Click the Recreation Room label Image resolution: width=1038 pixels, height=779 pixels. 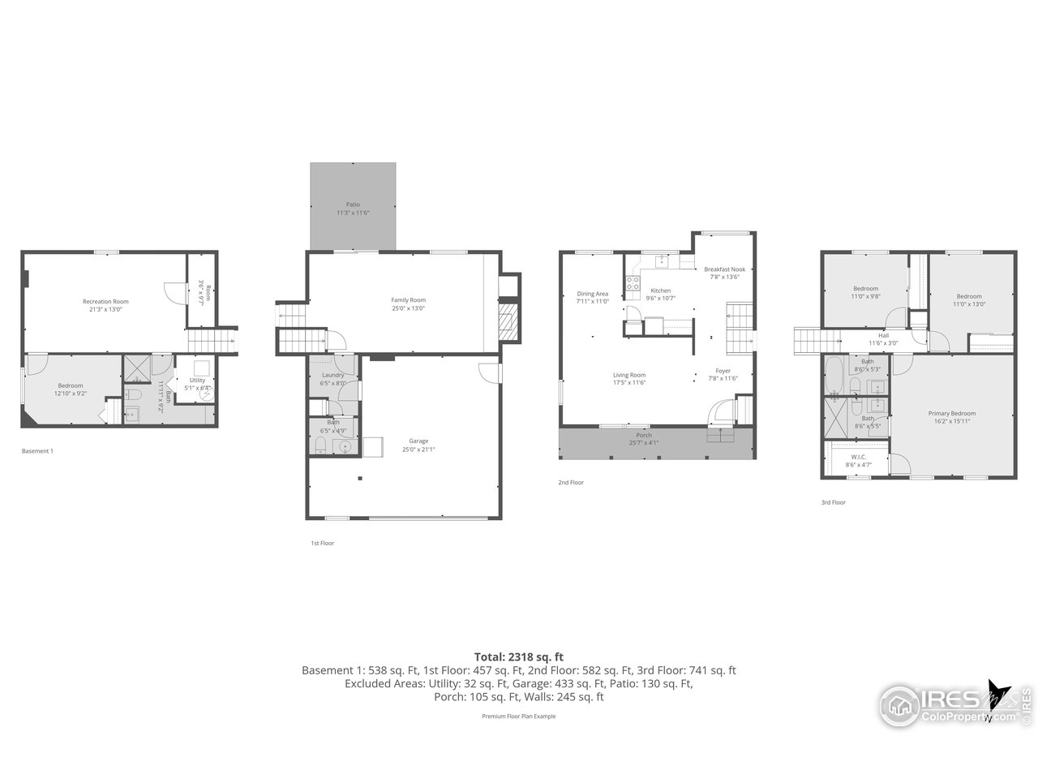(105, 302)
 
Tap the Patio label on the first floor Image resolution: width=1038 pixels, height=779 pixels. (353, 204)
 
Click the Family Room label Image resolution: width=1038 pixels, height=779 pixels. (408, 300)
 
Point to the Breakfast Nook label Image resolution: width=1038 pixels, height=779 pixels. (724, 269)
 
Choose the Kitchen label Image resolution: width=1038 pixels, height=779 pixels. (661, 291)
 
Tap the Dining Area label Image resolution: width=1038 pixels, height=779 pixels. (592, 294)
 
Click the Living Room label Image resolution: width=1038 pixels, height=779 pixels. (629, 375)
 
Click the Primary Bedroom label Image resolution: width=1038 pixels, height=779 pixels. (952, 413)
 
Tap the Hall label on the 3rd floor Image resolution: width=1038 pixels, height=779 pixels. (883, 335)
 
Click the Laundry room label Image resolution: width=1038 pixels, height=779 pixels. (332, 375)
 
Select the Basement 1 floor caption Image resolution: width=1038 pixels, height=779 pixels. (37, 451)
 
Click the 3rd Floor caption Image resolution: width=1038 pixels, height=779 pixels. (833, 502)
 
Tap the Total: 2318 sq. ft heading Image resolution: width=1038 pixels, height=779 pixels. (518, 656)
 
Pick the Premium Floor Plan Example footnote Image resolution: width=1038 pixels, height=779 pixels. (518, 717)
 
